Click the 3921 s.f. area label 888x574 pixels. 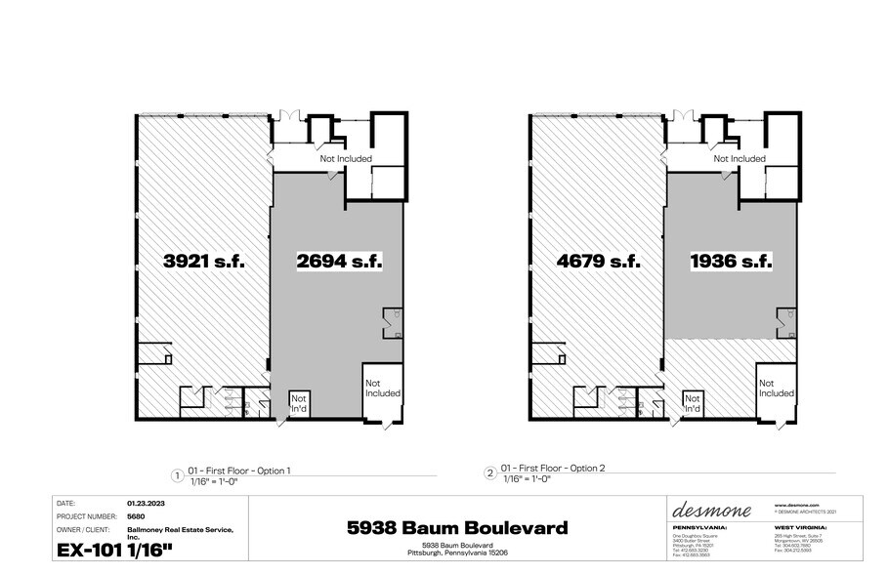pos(203,262)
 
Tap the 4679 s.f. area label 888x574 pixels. pos(598,262)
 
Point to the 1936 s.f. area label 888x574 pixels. pos(732,262)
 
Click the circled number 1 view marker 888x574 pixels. pos(177,474)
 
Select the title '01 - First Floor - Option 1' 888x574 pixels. pos(239,471)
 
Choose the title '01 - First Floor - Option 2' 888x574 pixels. pos(553,468)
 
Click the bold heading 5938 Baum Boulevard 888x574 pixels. pos(457,528)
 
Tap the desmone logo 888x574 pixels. pos(712,512)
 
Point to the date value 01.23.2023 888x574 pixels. pos(143,504)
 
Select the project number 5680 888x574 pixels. pos(135,517)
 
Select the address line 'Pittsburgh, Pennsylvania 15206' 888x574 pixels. pos(457,553)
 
